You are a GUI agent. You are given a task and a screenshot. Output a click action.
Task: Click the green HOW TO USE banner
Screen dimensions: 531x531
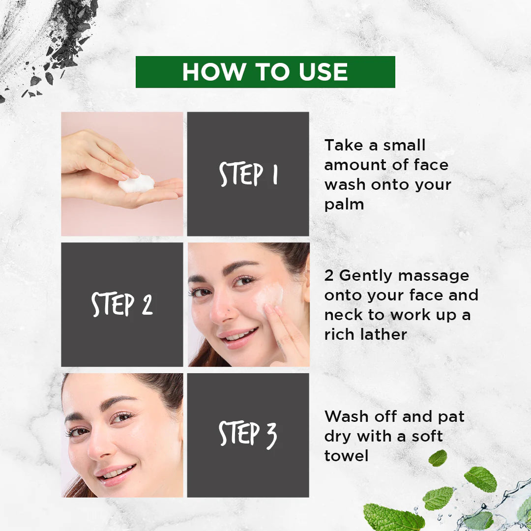265,72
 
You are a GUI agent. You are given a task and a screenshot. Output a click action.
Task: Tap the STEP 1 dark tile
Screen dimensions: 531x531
248,174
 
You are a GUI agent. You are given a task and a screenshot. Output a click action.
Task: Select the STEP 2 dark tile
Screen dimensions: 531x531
122,304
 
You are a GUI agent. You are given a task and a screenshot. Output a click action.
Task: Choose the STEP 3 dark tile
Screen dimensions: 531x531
248,435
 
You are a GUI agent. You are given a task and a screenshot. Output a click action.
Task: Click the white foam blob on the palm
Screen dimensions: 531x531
136,184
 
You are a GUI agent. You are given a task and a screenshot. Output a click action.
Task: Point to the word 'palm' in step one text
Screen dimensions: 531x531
344,205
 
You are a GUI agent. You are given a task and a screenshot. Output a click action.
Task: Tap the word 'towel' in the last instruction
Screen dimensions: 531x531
346,456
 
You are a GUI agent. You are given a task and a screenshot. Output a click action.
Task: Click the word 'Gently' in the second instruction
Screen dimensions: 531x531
366,276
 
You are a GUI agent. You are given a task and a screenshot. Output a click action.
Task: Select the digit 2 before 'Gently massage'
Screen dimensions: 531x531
329,276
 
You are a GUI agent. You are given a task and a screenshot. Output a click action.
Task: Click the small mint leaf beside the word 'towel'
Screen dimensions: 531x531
437,458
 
